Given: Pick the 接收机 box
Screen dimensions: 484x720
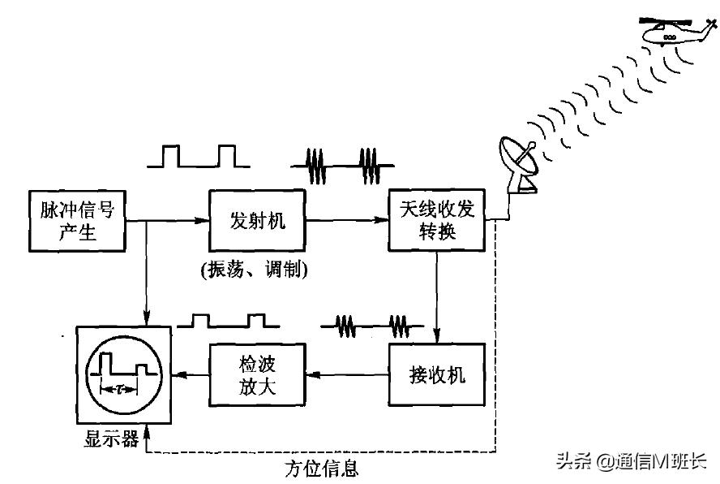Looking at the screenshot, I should coord(438,374).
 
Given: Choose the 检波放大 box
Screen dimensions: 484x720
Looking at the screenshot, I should coord(258,374).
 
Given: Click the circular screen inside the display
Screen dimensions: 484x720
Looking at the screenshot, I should coord(124,374).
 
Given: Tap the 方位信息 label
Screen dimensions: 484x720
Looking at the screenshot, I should coord(321,469).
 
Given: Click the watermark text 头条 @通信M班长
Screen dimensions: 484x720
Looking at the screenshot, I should coord(631,461).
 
